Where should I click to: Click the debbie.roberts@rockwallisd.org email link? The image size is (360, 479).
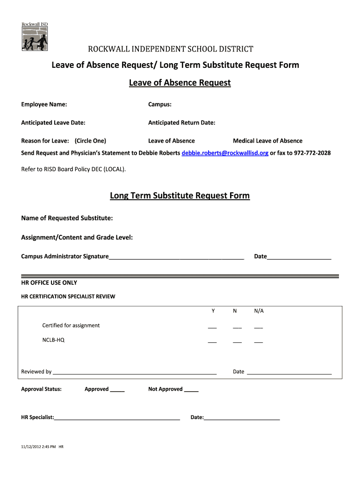click(x=225, y=153)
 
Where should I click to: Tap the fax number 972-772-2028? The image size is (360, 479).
click(x=312, y=153)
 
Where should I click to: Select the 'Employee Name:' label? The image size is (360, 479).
click(x=44, y=104)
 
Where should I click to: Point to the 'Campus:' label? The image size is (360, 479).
click(x=160, y=104)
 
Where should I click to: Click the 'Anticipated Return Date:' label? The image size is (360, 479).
click(x=182, y=123)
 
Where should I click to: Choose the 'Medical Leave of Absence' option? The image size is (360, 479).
click(x=268, y=141)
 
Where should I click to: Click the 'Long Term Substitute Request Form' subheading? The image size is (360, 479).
click(x=180, y=196)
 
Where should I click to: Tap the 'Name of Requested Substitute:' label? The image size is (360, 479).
click(x=67, y=218)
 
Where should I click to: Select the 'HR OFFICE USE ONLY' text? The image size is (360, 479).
click(x=49, y=283)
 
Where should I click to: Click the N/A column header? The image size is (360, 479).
click(x=259, y=311)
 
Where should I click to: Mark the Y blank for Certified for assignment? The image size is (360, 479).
click(x=212, y=327)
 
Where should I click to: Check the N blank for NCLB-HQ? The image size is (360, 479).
click(x=237, y=341)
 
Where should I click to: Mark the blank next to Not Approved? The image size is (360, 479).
click(x=191, y=390)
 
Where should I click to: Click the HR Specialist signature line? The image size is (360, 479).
click(x=117, y=418)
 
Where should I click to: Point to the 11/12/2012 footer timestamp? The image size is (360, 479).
click(x=42, y=447)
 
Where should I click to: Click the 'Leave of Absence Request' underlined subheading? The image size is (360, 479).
click(x=180, y=83)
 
